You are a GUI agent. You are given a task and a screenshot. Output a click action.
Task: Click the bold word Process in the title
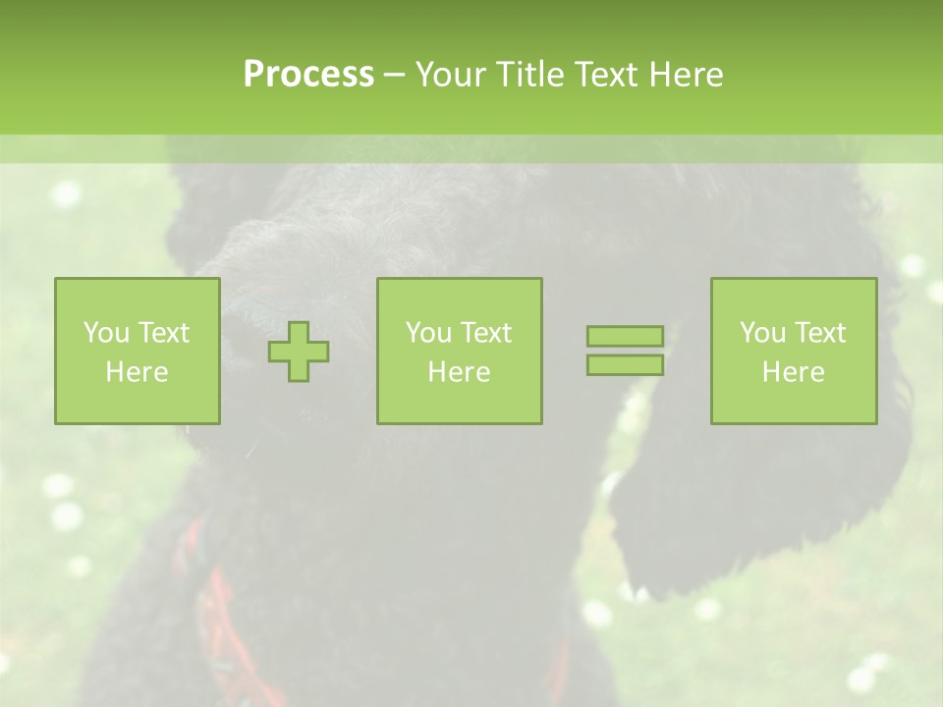click(308, 75)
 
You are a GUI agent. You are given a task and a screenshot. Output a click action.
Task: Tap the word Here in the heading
click(686, 75)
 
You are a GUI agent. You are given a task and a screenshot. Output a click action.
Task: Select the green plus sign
click(299, 351)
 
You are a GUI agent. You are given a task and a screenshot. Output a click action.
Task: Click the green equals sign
click(625, 351)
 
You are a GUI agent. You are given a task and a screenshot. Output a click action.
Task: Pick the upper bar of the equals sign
click(625, 337)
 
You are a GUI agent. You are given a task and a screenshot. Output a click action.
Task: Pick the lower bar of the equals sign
click(625, 364)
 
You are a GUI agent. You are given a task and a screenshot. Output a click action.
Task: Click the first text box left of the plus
click(137, 351)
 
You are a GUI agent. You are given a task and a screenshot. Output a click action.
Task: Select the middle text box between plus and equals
click(459, 351)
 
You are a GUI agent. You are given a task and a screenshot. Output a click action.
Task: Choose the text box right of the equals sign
click(793, 351)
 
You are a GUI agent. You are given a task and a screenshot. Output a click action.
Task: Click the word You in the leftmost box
click(106, 333)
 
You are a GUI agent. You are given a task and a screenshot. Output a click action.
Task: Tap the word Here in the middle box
click(459, 372)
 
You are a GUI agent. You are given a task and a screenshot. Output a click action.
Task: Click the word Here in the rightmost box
click(793, 372)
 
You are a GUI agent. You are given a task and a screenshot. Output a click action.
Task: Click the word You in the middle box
click(428, 333)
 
